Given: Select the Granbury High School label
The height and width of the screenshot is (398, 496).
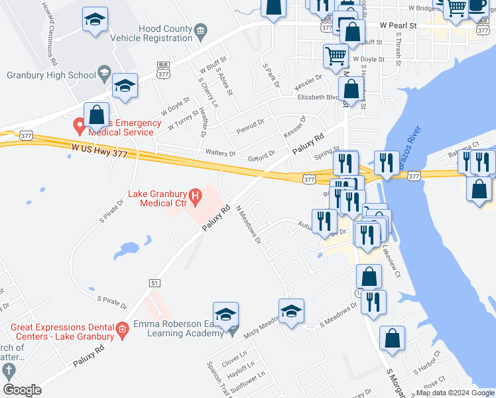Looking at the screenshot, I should pos(52,75).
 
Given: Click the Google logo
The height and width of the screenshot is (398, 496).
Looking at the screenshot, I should pos(22,390).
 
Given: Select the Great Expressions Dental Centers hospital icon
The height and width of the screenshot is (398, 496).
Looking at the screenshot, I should pos(121,328).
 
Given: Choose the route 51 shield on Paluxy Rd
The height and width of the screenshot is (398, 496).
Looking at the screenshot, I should pos(155,283).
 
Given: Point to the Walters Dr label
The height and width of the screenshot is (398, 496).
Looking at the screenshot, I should pos(220,153).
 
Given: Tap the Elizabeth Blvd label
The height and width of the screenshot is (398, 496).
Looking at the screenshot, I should pos(317,97).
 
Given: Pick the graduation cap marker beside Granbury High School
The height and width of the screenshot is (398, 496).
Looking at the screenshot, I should pos(125,86).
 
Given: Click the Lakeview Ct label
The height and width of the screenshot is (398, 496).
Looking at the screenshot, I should pos(393,262).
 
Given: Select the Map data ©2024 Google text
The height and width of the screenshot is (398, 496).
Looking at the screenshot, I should pos(454,393).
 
